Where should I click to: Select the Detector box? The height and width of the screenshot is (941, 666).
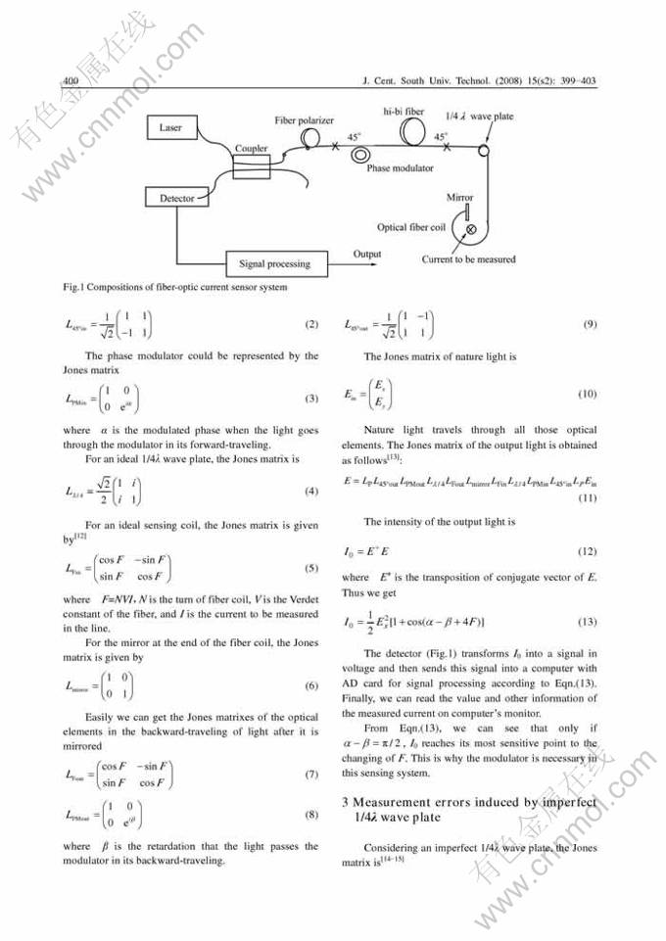click(x=177, y=199)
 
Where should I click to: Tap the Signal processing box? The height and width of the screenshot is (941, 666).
click(x=274, y=263)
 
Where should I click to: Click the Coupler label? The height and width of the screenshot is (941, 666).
click(x=251, y=149)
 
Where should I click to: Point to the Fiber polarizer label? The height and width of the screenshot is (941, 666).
click(x=305, y=119)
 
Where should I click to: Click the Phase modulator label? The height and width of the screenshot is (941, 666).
click(x=400, y=168)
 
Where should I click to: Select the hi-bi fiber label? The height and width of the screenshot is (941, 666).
click(x=402, y=112)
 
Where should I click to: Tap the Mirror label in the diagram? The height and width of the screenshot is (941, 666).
click(x=459, y=198)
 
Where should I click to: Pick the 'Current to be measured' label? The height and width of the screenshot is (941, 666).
click(x=468, y=259)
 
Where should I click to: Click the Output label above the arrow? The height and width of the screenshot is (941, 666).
click(x=367, y=254)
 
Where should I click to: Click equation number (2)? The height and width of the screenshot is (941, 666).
click(x=311, y=323)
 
